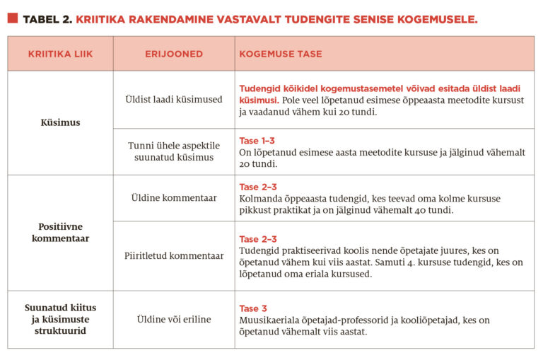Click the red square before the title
tap(13, 18)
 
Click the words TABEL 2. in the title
tap(47, 19)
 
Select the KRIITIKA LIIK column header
tap(60, 54)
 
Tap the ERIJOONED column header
tap(174, 54)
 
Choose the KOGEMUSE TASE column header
tap(281, 54)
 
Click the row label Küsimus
tap(60, 122)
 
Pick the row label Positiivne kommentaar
tap(60, 233)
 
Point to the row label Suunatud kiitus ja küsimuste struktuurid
tap(60, 319)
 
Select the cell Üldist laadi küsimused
tap(174, 100)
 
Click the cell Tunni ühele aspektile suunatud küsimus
tap(174, 151)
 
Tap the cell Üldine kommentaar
tap(174, 198)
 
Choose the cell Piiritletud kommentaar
tap(174, 255)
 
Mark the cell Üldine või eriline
tap(174, 319)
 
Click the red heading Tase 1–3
tap(257, 141)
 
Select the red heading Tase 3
tap(253, 308)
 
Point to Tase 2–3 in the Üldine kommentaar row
tap(257, 187)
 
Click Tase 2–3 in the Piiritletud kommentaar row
tap(257, 239)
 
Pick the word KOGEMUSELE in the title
tap(437, 19)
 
